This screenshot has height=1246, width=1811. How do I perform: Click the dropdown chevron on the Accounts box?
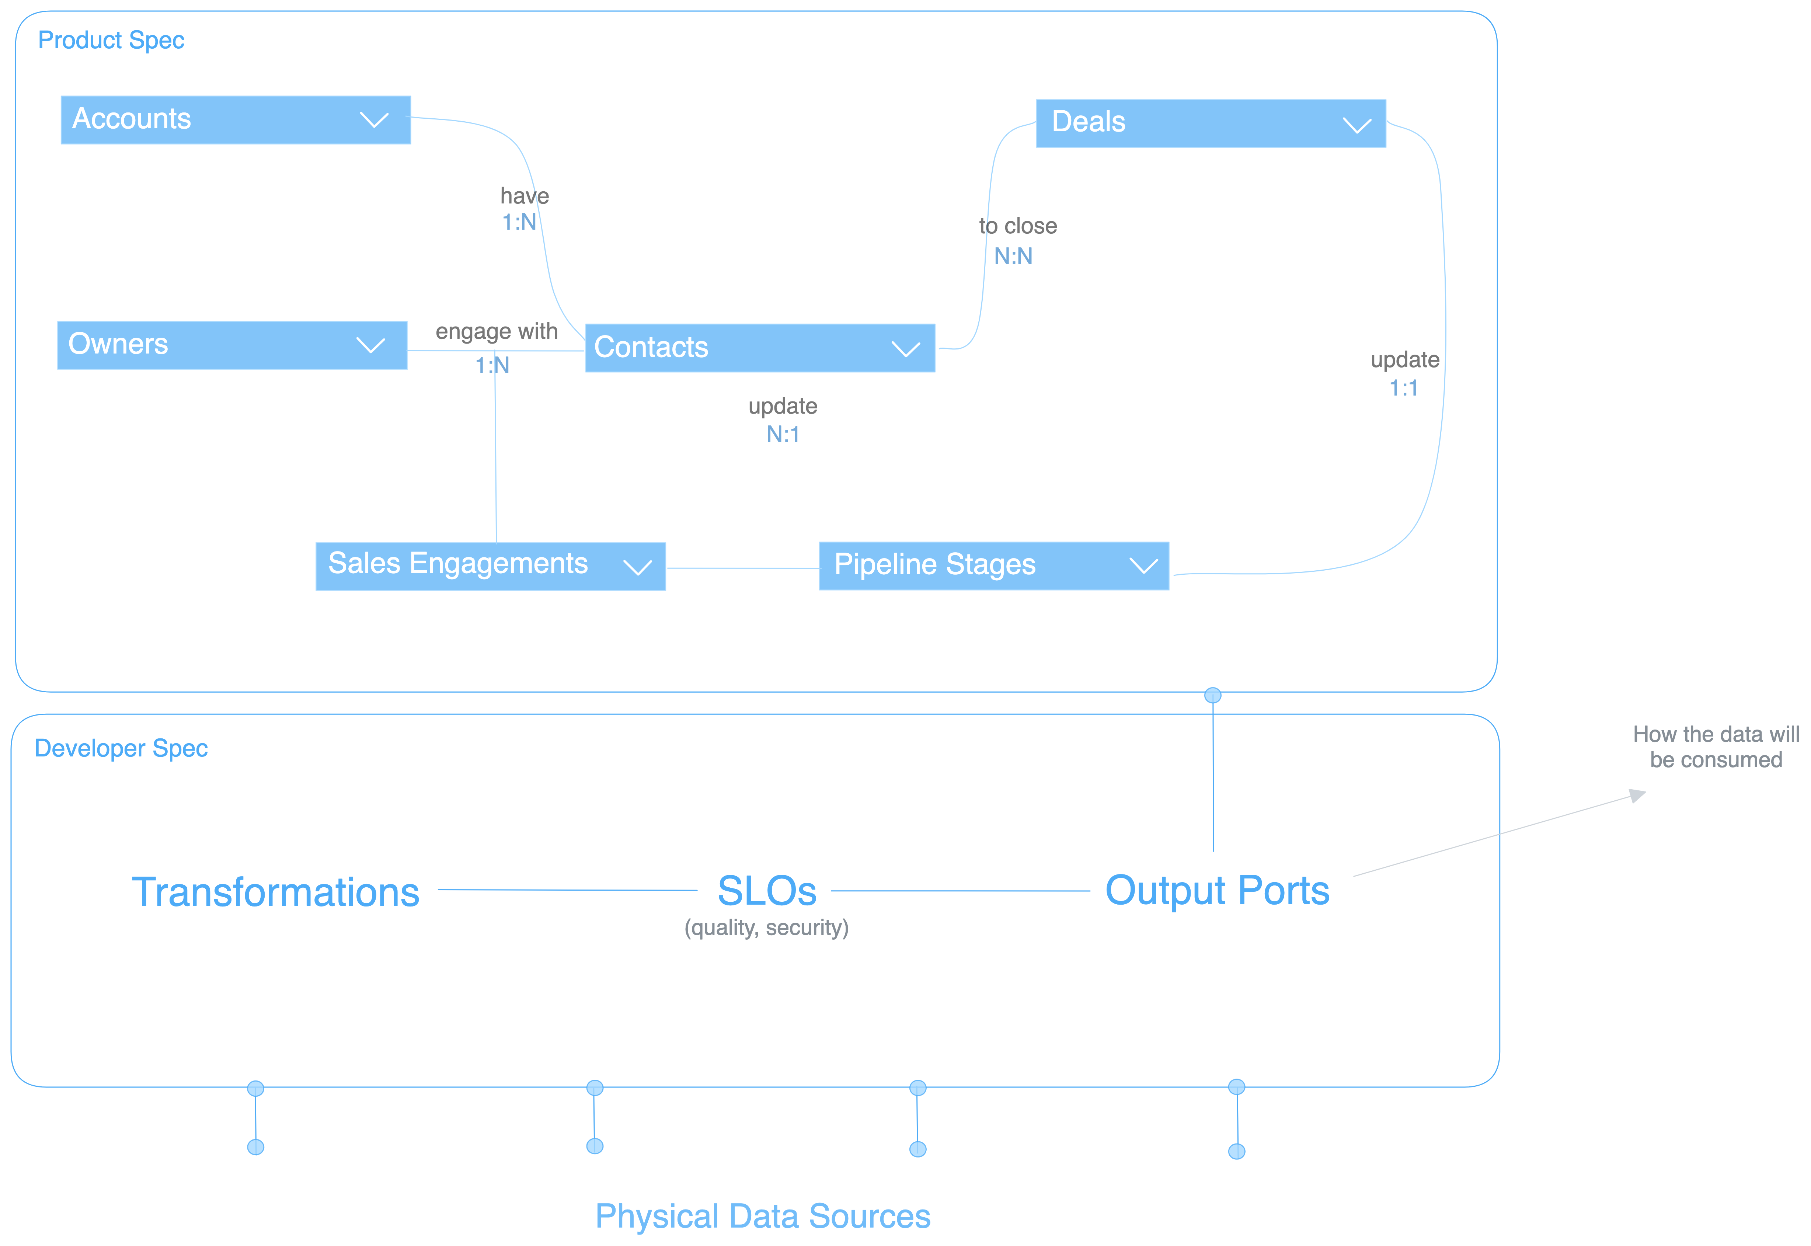[x=374, y=120]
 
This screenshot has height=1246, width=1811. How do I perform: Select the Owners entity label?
[x=119, y=344]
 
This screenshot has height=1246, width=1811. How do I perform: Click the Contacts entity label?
[x=651, y=347]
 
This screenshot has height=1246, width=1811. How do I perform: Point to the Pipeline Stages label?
[x=934, y=564]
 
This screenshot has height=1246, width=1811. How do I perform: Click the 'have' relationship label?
[x=525, y=196]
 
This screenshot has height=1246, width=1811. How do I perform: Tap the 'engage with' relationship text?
[x=497, y=332]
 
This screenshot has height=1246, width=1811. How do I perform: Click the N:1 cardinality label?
[x=783, y=434]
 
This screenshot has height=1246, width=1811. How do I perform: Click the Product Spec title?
[x=111, y=40]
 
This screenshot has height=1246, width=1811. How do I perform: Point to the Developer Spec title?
[x=121, y=748]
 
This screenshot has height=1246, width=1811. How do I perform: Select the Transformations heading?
[x=276, y=892]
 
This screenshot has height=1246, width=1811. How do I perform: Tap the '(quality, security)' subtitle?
[x=767, y=927]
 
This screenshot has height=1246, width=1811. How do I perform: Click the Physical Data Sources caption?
[x=763, y=1215]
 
